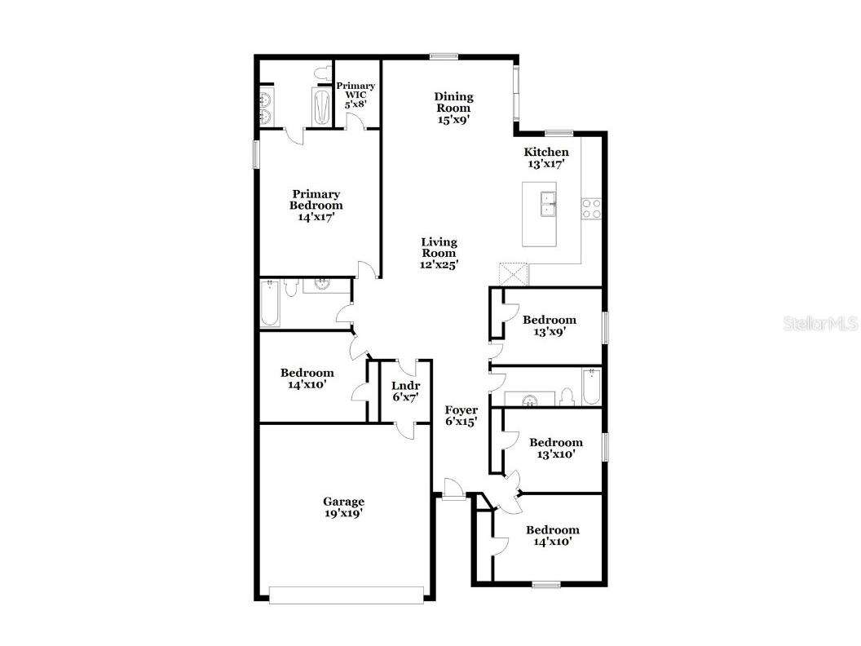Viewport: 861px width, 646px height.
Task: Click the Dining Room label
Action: (453, 108)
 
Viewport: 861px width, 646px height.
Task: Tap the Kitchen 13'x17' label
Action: (545, 157)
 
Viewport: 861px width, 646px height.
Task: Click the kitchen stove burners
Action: (591, 208)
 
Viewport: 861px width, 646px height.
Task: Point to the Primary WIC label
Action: (356, 95)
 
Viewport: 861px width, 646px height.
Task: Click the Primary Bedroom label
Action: (316, 206)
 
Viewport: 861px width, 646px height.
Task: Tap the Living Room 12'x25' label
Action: (439, 253)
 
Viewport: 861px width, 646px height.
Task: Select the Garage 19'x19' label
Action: (343, 507)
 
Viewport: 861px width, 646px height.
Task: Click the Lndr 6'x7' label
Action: (405, 392)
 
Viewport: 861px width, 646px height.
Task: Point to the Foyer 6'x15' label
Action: (461, 416)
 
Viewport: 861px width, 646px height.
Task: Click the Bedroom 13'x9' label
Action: (549, 325)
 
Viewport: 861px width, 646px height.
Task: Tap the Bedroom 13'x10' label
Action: (555, 449)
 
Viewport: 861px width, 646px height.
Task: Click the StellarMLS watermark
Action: (820, 324)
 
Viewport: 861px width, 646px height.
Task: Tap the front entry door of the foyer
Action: (453, 492)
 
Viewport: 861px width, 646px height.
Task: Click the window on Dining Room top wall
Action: (444, 56)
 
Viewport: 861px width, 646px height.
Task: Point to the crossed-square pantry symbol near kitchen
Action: (514, 273)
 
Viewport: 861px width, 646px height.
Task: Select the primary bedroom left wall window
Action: (256, 154)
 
